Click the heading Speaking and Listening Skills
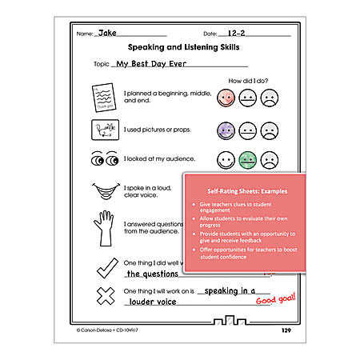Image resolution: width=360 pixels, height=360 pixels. pyautogui.click(x=178, y=48)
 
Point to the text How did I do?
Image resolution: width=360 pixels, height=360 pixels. pyautogui.click(x=252, y=81)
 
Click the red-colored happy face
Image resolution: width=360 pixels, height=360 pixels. pyautogui.click(x=225, y=98)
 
